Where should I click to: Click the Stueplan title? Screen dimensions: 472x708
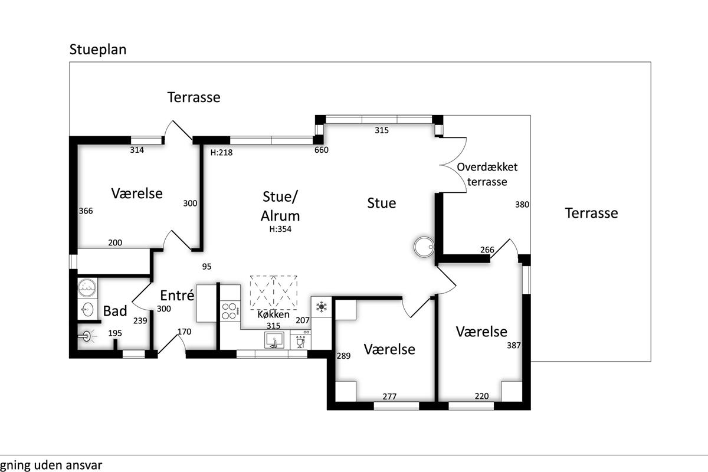[x=98, y=49]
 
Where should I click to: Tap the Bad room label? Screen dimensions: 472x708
[x=115, y=311]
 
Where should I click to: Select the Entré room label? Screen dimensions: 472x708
[x=177, y=295]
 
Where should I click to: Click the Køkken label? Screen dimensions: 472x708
[x=274, y=314]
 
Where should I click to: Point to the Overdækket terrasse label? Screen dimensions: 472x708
[x=487, y=174]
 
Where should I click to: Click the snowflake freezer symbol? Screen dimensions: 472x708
[x=322, y=306]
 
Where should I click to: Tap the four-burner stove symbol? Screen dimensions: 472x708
[x=230, y=310]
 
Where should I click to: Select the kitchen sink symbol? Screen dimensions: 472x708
[x=274, y=340]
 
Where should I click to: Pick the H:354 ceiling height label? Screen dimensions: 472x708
[x=281, y=230]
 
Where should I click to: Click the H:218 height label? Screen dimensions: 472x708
[x=222, y=152]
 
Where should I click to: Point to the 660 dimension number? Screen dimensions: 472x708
[x=322, y=150]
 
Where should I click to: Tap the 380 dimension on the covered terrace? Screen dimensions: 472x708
[x=522, y=205]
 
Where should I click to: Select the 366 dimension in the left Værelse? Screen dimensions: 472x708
[x=86, y=211]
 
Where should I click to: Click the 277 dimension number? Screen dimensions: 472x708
[x=389, y=396]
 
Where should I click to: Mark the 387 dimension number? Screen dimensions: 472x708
[x=514, y=346]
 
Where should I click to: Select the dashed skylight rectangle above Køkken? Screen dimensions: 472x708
[x=274, y=291]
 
